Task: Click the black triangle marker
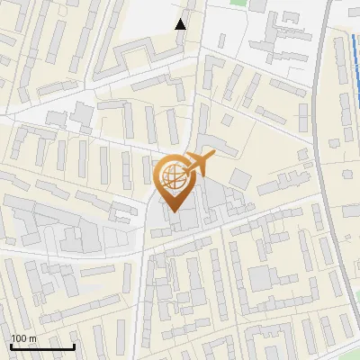[x=181, y=24]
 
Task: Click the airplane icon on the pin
[x=199, y=165]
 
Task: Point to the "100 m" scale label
[x=23, y=338]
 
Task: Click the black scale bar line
[x=41, y=346]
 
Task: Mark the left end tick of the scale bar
[x=11, y=345]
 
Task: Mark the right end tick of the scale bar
[x=73, y=345]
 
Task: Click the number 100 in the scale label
[x=19, y=338]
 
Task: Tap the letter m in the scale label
[x=32, y=338]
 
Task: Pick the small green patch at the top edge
[x=238, y=3]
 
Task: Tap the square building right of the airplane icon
[x=238, y=177]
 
